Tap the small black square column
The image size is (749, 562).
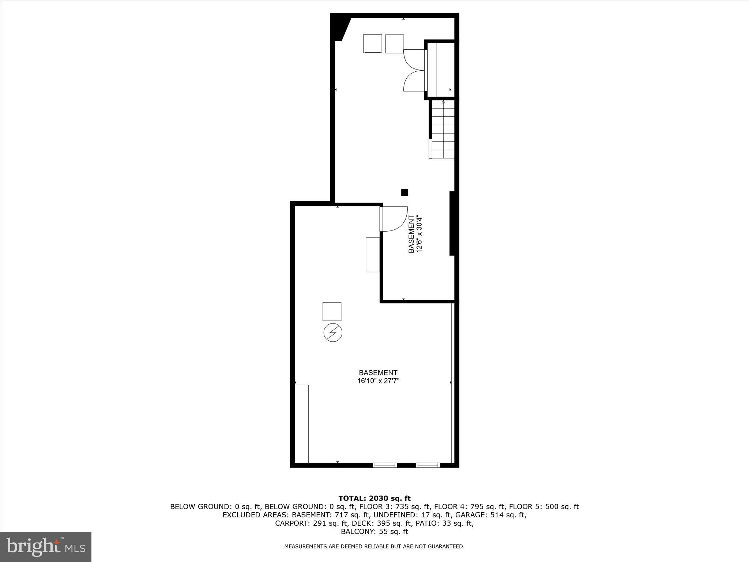404,192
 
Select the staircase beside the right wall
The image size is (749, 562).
443,130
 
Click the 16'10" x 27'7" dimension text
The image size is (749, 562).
378,381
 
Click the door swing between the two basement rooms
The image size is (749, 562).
394,219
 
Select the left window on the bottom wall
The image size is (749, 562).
385,465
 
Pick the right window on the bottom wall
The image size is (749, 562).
428,465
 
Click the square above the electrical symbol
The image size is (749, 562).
332,311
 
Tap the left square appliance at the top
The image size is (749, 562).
373,44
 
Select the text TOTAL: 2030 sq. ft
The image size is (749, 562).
374,498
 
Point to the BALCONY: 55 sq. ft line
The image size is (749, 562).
374,532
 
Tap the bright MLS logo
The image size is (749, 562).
46,547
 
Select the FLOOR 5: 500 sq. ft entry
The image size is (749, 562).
544,507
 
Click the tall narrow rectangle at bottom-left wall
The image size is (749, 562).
302,423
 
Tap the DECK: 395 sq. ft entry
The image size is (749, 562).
390,523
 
